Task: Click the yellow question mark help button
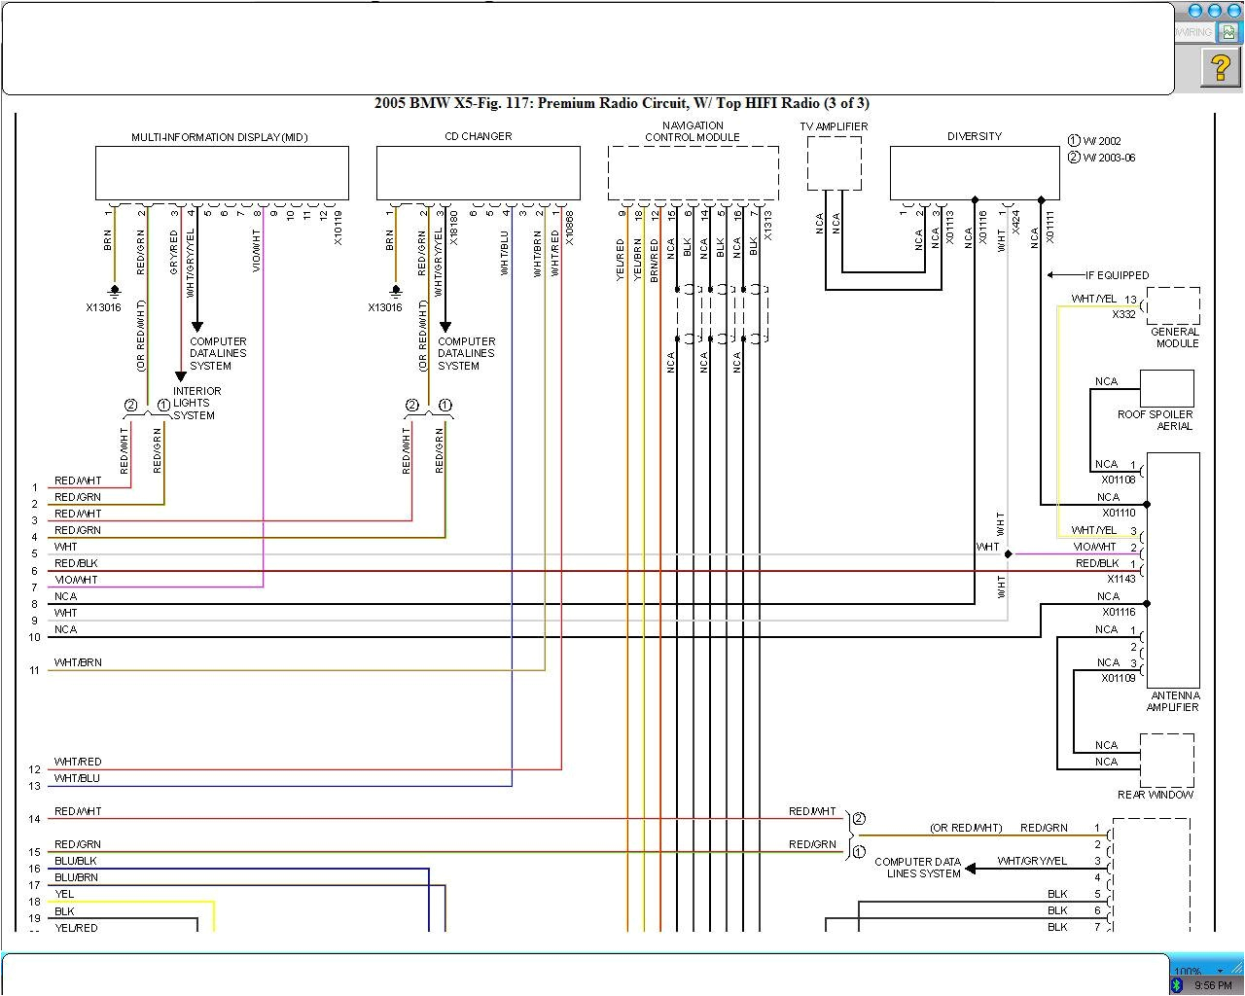pyautogui.click(x=1220, y=68)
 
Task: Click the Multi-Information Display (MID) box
pyautogui.click(x=222, y=173)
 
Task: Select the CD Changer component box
pyautogui.click(x=478, y=173)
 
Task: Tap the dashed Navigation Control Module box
pyautogui.click(x=693, y=173)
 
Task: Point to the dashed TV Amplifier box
pyautogui.click(x=834, y=162)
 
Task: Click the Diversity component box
pyautogui.click(x=974, y=173)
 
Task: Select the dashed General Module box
pyautogui.click(x=1172, y=305)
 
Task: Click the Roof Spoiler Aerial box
pyautogui.click(x=1166, y=388)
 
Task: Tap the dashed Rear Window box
pyautogui.click(x=1166, y=760)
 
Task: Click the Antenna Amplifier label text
pyautogui.click(x=1174, y=701)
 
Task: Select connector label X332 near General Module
pyautogui.click(x=1123, y=314)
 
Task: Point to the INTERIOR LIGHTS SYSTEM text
pyautogui.click(x=196, y=403)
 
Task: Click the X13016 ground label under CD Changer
pyautogui.click(x=385, y=307)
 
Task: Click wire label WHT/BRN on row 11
pyautogui.click(x=78, y=662)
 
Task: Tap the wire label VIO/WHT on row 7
pyautogui.click(x=76, y=580)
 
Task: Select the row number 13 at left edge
pyautogui.click(x=34, y=786)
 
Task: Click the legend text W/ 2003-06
pyautogui.click(x=1109, y=158)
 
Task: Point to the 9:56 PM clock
pyautogui.click(x=1212, y=985)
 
